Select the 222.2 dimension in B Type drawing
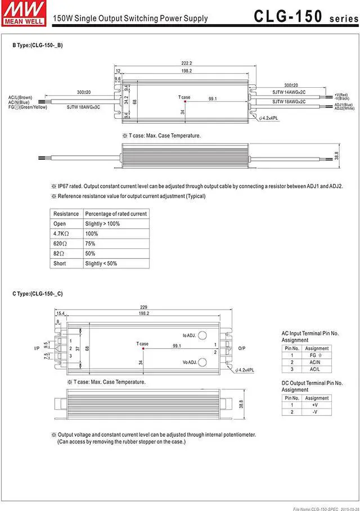pyautogui.click(x=187, y=63)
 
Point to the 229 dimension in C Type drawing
pyautogui.click(x=143, y=307)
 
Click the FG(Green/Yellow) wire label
pyautogui.click(x=25, y=106)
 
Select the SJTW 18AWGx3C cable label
pyautogui.click(x=83, y=106)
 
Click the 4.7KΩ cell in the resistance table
pyautogui.click(x=61, y=234)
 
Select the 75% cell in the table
pyautogui.click(x=90, y=244)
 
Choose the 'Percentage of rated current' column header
pyautogui.click(x=115, y=214)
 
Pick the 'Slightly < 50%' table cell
pyautogui.click(x=101, y=263)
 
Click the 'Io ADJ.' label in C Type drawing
pyautogui.click(x=189, y=335)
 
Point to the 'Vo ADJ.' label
pyautogui.click(x=189, y=362)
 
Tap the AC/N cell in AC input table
pyautogui.click(x=317, y=362)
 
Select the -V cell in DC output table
pyautogui.click(x=317, y=412)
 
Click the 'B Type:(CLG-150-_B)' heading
pyautogui.click(x=38, y=45)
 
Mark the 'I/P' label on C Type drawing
pyautogui.click(x=37, y=348)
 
